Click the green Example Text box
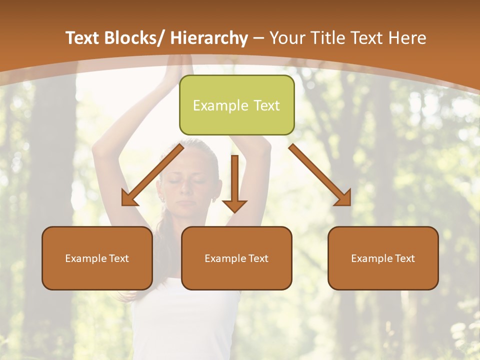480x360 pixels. click(x=236, y=105)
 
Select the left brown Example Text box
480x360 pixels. click(x=97, y=258)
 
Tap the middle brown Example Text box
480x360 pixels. click(x=236, y=258)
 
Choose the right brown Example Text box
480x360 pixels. click(x=383, y=258)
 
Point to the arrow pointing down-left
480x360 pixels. click(x=152, y=175)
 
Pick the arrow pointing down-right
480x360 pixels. click(x=320, y=175)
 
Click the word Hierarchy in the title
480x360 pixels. click(x=209, y=38)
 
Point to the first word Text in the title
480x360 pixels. click(x=83, y=38)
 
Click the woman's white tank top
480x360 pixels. click(x=185, y=320)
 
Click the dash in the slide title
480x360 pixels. click(x=258, y=38)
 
